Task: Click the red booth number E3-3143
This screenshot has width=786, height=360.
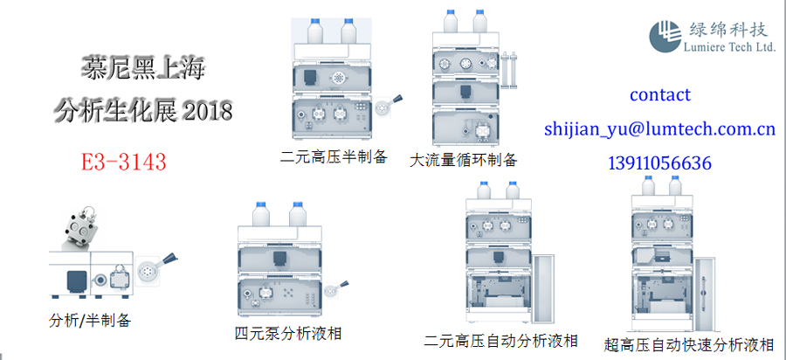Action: (x=122, y=162)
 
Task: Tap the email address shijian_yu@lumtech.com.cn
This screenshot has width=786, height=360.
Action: (x=659, y=129)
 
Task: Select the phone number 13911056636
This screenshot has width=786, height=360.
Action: (x=659, y=163)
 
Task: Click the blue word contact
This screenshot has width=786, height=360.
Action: (x=659, y=94)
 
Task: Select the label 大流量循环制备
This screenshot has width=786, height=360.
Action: (x=463, y=160)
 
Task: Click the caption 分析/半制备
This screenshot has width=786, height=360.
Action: (x=90, y=320)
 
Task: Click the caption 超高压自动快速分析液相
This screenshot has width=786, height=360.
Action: (x=689, y=343)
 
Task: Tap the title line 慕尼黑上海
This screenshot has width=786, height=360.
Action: (x=141, y=67)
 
